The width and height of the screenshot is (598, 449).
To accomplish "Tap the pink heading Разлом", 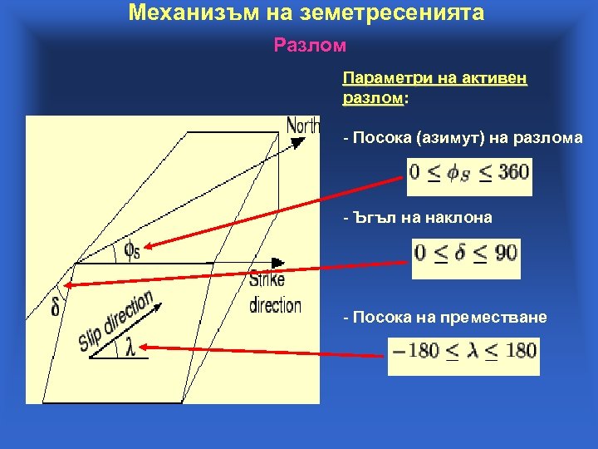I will [310, 44].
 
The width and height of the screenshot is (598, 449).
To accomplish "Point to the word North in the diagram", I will [303, 126].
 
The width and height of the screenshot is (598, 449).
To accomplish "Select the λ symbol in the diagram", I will [130, 348].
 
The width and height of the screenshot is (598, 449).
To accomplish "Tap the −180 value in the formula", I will [416, 350].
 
